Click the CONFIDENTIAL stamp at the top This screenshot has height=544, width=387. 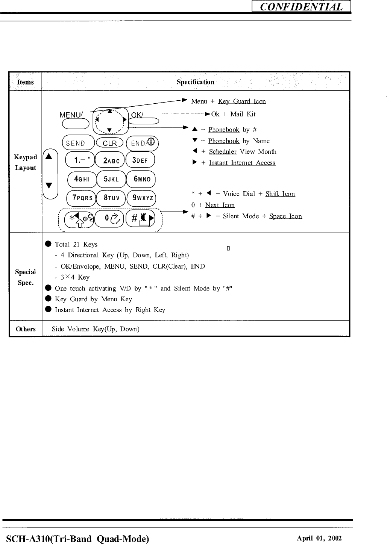(301, 7)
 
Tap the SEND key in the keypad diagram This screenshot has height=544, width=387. (78, 143)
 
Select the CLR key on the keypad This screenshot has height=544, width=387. (110, 143)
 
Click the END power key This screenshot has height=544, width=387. (143, 143)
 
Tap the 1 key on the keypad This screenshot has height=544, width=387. (80, 160)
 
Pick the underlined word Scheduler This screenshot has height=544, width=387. (223, 152)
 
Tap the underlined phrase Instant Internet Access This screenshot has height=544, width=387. (242, 163)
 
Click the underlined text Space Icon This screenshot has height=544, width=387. (285, 216)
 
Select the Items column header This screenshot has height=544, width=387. (25, 82)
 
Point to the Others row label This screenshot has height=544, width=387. (26, 329)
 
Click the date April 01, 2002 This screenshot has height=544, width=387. (319, 538)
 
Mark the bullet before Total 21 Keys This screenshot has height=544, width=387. (48, 244)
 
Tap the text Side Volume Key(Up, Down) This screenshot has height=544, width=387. (96, 329)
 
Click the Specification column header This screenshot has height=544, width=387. (195, 82)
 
